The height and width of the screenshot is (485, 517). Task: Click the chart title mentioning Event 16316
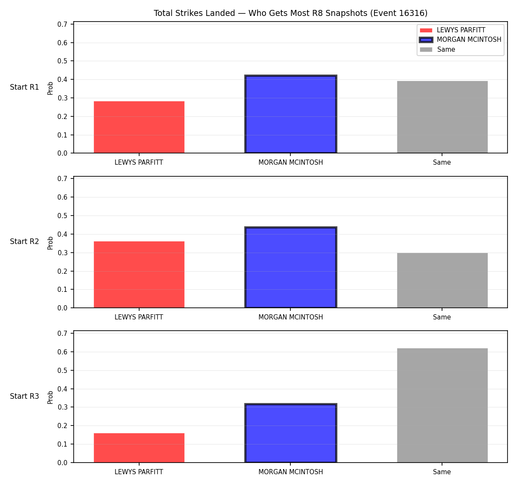point(290,13)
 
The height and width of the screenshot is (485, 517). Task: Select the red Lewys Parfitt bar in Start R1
point(139,127)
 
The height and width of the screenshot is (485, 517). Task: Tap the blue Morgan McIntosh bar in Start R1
point(290,114)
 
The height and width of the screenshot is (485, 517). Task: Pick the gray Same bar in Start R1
point(442,117)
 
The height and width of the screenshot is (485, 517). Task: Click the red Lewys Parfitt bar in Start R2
point(139,275)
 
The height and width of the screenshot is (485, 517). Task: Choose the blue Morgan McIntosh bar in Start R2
point(290,267)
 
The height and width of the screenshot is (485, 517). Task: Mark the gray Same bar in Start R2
point(442,280)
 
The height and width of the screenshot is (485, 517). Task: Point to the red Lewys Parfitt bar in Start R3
point(139,448)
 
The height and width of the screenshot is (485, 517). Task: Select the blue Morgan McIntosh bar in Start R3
point(290,433)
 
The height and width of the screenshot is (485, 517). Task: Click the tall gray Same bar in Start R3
point(442,405)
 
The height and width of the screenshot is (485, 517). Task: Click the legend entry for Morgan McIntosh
point(460,40)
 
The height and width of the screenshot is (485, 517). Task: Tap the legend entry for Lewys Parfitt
point(452,30)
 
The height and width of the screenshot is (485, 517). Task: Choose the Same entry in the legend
point(437,50)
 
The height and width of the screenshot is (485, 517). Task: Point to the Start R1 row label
point(25,87)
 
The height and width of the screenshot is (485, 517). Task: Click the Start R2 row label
point(25,241)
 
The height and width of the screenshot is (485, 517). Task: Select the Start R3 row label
point(25,396)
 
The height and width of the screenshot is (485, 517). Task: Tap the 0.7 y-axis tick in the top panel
point(62,24)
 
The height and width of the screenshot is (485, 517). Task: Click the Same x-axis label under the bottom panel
point(442,472)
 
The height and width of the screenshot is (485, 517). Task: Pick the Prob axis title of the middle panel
point(50,243)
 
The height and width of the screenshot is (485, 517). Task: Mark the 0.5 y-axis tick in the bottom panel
point(62,370)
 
